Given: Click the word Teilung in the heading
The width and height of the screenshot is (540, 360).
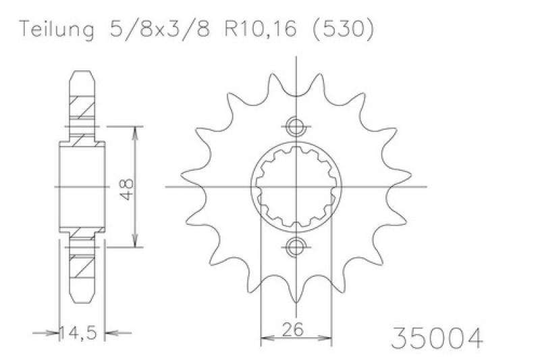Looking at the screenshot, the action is coord(57,29).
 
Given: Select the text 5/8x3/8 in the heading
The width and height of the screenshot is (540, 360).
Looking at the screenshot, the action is coord(159,28).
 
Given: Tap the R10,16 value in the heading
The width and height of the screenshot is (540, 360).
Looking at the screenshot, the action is coord(261,29).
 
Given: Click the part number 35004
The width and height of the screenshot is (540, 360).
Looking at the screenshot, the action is coord(437,338).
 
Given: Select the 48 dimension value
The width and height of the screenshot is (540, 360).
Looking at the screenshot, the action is coord(128,189).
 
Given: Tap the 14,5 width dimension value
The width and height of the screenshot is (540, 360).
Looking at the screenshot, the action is coord(78,333).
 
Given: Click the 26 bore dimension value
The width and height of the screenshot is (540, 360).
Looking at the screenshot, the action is coord(293,329).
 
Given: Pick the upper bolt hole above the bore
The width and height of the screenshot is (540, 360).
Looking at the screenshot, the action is coord(296,126).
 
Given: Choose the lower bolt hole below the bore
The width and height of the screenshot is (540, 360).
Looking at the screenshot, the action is coord(296,247).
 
